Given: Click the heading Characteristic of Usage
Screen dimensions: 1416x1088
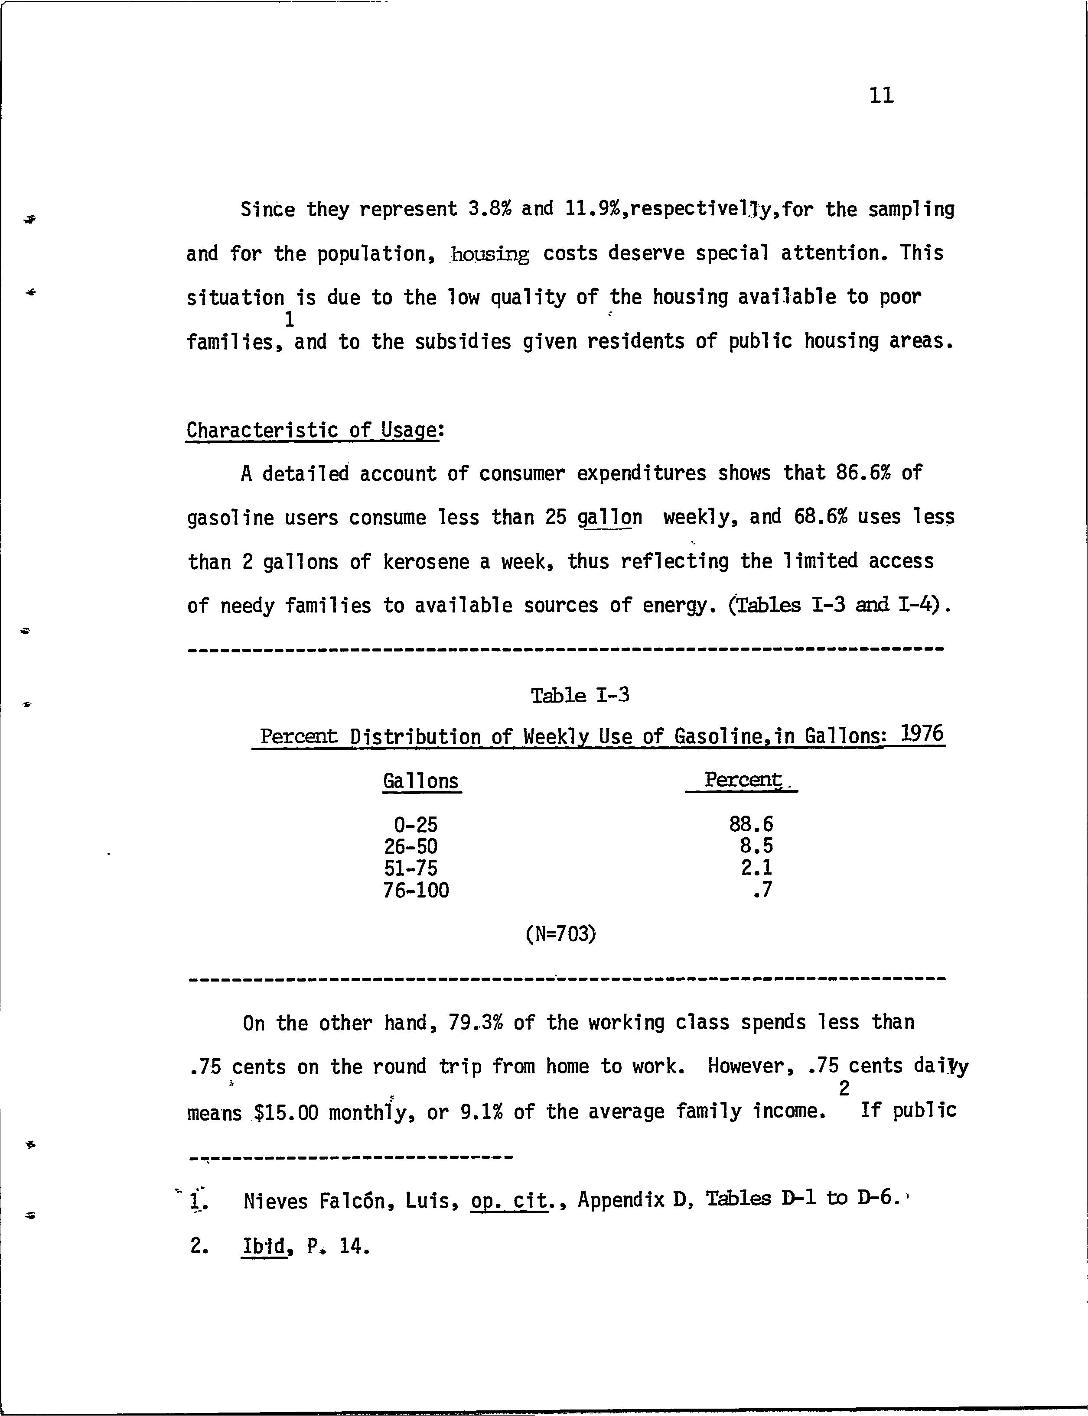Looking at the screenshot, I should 312,431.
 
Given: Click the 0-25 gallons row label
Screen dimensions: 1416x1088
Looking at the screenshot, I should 415,824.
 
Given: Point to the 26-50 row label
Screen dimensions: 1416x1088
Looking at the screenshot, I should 410,846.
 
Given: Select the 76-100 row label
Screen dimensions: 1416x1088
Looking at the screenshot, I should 416,891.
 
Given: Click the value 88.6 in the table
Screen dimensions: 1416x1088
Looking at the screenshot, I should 751,824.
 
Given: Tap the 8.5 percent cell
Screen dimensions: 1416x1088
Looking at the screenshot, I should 756,846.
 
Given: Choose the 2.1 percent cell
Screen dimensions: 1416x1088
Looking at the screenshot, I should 756,868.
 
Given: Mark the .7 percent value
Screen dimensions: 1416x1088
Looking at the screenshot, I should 763,891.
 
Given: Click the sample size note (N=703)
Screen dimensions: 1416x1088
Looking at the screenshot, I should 561,934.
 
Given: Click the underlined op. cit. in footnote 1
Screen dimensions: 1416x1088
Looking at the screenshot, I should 509,1201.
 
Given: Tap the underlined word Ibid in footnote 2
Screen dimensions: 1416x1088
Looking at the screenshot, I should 264,1246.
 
